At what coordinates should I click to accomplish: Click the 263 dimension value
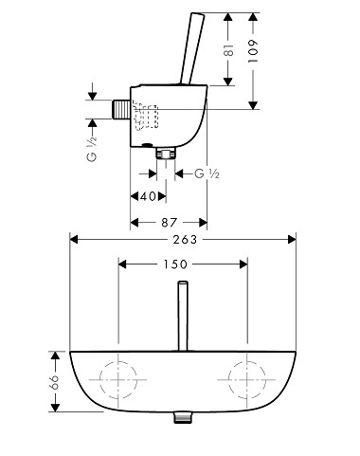point(185,239)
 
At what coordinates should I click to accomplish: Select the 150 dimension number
point(175,264)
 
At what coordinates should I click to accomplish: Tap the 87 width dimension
point(170,223)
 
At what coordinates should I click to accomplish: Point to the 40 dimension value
point(148,196)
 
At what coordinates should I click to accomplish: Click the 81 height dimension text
point(229,50)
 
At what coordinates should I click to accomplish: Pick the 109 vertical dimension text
point(253,50)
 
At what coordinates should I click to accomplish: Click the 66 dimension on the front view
point(54,382)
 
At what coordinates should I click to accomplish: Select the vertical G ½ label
point(92,150)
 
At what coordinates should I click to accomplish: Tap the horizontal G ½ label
point(207,173)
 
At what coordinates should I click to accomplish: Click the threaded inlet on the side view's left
point(119,109)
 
